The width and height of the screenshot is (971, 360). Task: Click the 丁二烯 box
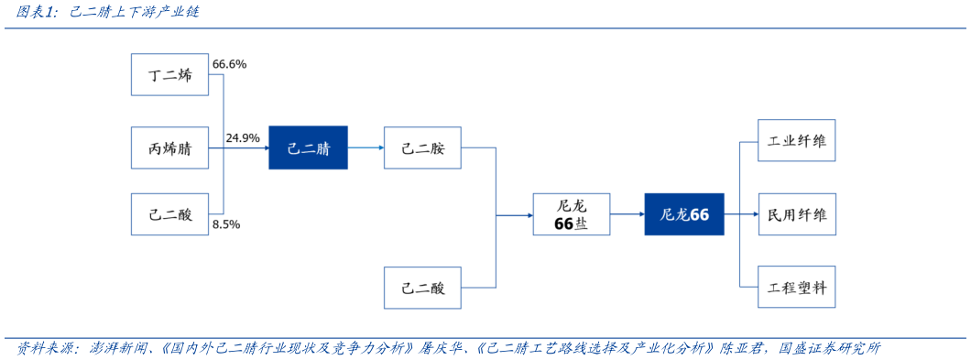[170, 75]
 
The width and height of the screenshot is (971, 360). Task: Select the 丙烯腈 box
[170, 147]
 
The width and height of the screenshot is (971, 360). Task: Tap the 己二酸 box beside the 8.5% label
[170, 214]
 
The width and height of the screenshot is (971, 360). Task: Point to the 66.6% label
[229, 65]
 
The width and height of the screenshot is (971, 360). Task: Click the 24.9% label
[243, 138]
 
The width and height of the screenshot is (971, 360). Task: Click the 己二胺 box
[422, 147]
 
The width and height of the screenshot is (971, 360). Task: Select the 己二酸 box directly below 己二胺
[422, 288]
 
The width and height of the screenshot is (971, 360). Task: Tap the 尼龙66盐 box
[572, 214]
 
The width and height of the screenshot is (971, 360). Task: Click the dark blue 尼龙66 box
[683, 214]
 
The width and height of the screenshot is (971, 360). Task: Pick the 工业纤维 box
[797, 141]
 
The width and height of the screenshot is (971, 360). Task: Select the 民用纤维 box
[797, 214]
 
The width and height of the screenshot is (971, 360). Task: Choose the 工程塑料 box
[797, 287]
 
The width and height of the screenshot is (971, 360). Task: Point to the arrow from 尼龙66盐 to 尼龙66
[627, 214]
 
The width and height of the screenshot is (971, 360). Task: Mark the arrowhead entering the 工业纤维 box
[754, 141]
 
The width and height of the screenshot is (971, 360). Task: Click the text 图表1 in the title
[37, 13]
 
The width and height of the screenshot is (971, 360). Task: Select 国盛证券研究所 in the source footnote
[830, 349]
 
